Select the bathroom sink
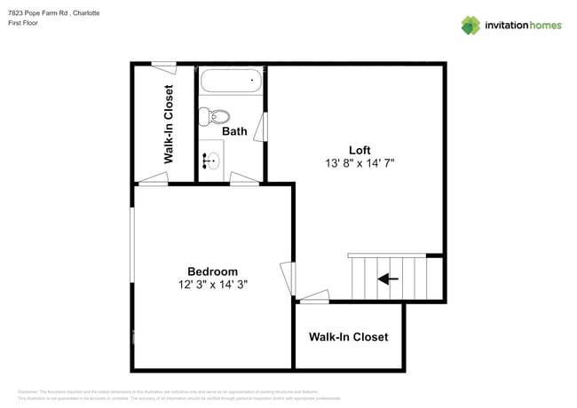pyautogui.click(x=211, y=161)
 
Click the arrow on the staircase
pyautogui.click(x=388, y=279)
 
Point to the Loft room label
pyautogui.click(x=360, y=150)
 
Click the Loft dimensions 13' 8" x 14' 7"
pyautogui.click(x=360, y=163)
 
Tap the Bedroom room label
pyautogui.click(x=212, y=271)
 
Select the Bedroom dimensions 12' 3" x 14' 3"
pyautogui.click(x=212, y=285)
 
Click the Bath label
pyautogui.click(x=234, y=131)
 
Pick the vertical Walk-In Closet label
pyautogui.click(x=168, y=124)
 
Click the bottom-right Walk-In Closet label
pyautogui.click(x=348, y=337)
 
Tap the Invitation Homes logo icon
pyautogui.click(x=470, y=25)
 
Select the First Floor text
pyautogui.click(x=24, y=24)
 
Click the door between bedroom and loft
pyautogui.click(x=287, y=279)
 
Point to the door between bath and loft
pyautogui.click(x=260, y=128)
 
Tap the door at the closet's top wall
pyautogui.click(x=162, y=64)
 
